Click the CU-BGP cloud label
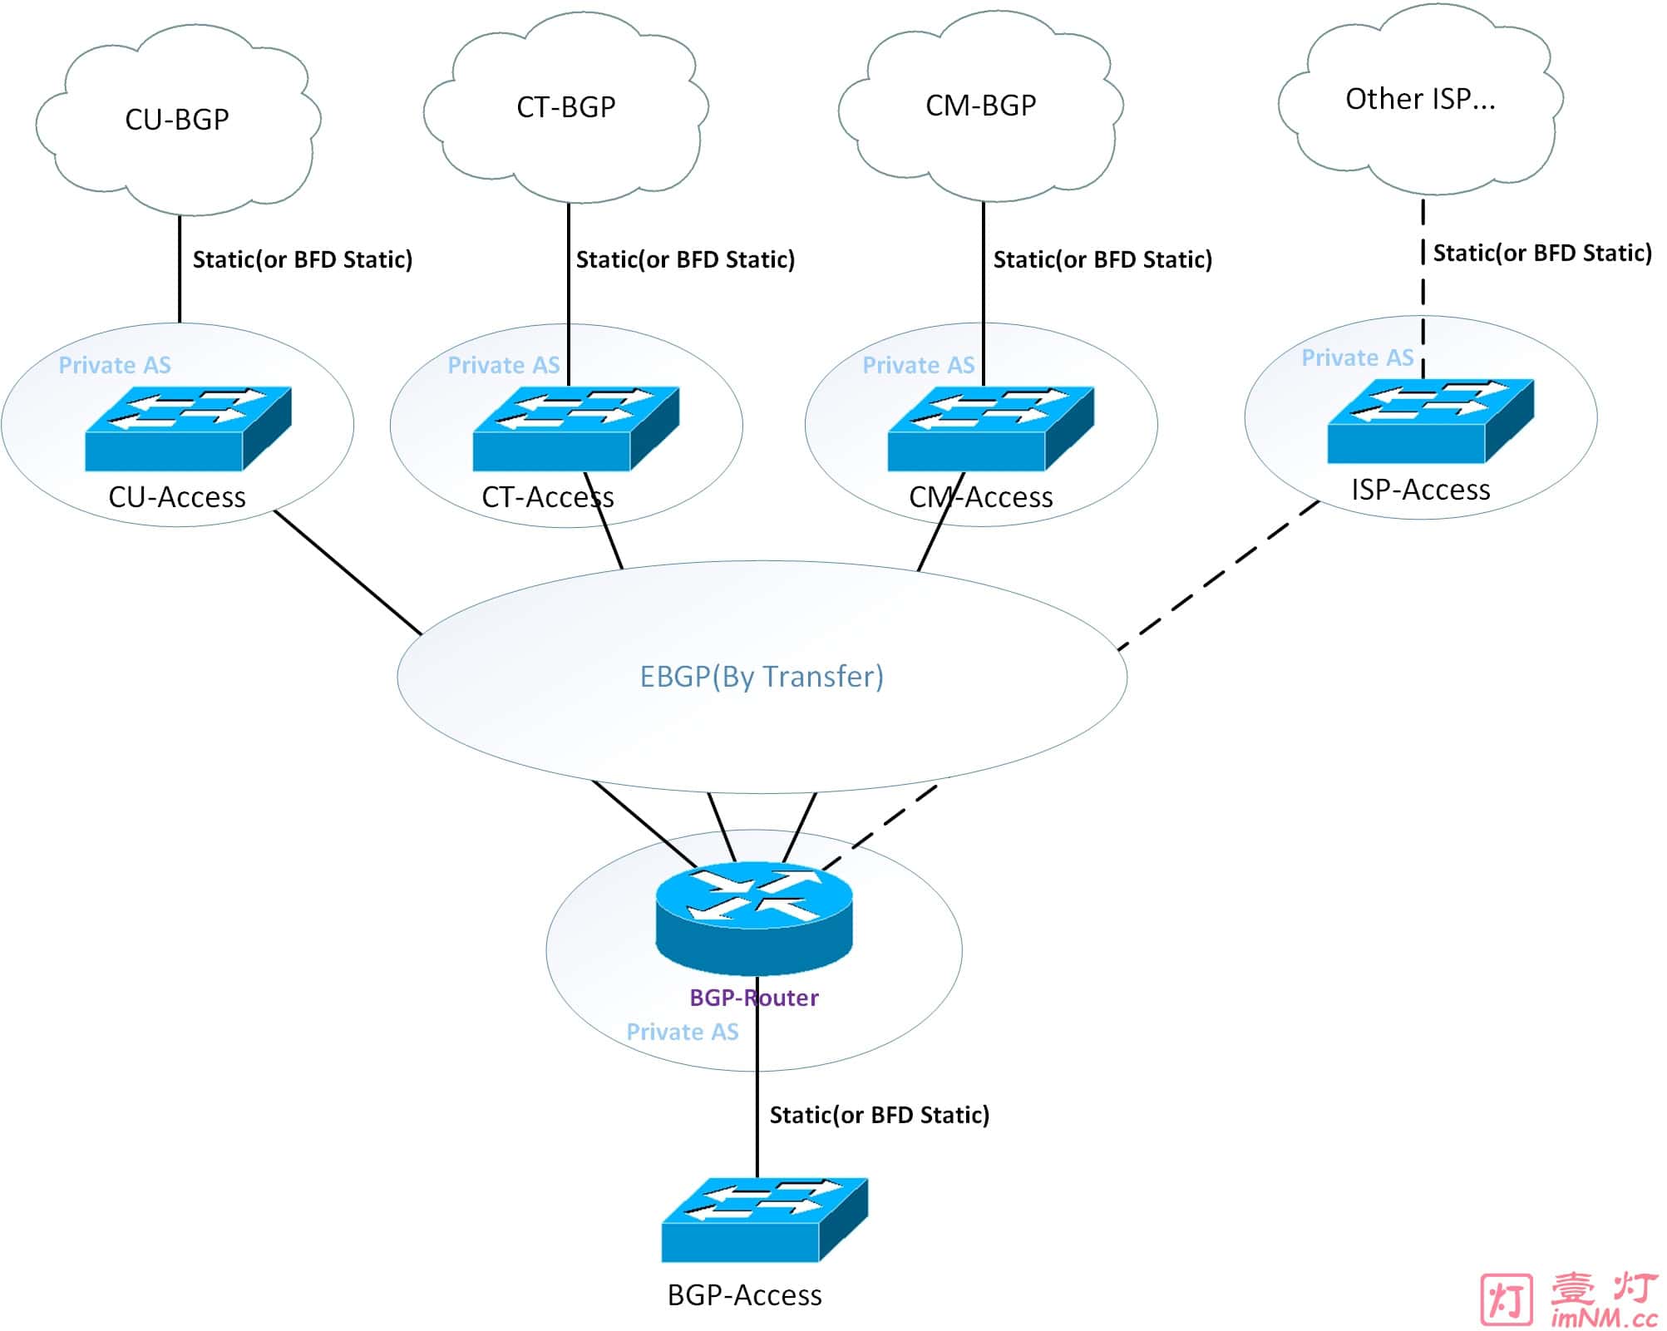(x=176, y=120)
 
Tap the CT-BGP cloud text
(x=565, y=107)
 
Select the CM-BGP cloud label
(x=980, y=106)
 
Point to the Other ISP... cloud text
(x=1419, y=99)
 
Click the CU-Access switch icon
(x=188, y=429)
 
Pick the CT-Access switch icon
(x=576, y=429)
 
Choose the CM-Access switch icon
(x=990, y=429)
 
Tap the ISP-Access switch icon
(x=1430, y=421)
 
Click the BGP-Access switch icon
(x=764, y=1220)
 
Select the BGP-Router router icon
(x=754, y=918)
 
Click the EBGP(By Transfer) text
(x=761, y=677)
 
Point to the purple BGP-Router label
(x=753, y=998)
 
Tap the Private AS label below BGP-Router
(x=682, y=1032)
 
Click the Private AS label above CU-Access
(x=115, y=365)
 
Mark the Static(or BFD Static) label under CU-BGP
(x=303, y=259)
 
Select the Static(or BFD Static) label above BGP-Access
(x=879, y=1115)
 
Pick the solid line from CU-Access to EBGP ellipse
(x=348, y=573)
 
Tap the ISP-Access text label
(x=1420, y=490)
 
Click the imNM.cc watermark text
(x=1603, y=1318)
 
